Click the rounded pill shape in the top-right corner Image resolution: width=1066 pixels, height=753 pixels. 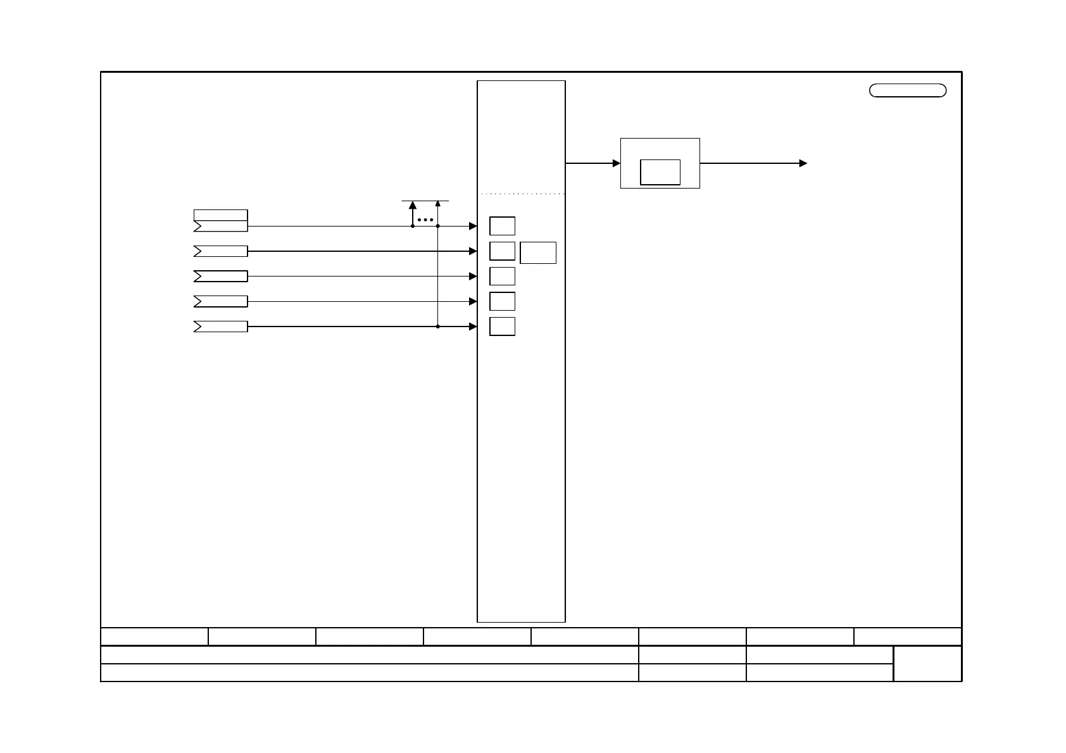pos(908,90)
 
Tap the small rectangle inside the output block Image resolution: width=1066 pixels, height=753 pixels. pos(660,172)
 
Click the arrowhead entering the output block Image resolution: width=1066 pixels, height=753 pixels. pos(617,163)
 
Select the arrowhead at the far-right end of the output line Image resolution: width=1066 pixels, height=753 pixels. pos(803,163)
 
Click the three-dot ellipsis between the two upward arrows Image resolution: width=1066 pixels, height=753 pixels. pos(425,220)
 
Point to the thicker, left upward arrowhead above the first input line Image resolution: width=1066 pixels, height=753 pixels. pos(413,205)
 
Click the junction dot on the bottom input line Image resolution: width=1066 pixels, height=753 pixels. pos(438,327)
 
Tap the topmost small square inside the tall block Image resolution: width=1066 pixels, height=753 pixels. pos(502,226)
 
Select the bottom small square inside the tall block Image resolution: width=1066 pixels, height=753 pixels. pos(502,327)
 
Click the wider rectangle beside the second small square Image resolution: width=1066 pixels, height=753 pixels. pos(538,252)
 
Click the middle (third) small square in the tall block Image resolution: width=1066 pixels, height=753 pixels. pos(502,277)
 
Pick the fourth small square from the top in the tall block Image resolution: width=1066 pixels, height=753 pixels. pos(502,301)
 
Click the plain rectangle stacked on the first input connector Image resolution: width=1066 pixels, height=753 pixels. pos(220,215)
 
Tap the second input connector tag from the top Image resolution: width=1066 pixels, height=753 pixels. pos(220,251)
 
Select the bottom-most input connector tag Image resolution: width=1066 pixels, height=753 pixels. pos(220,327)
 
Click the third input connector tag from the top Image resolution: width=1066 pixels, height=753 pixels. pos(220,277)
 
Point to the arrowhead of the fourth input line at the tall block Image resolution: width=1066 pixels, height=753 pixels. pos(473,302)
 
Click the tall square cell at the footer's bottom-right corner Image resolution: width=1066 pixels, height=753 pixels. pos(927,664)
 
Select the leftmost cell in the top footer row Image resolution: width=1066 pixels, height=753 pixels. pos(154,637)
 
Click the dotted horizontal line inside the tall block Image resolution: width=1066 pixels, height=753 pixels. pos(522,194)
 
